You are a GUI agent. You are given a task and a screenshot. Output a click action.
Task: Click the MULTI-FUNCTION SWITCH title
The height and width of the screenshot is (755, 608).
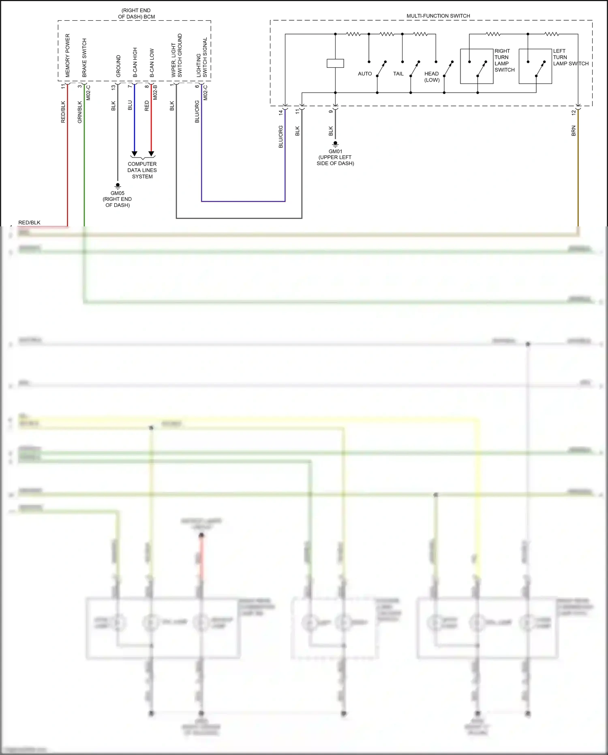tap(438, 16)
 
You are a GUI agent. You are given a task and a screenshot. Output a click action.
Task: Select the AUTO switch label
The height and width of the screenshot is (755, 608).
tap(365, 74)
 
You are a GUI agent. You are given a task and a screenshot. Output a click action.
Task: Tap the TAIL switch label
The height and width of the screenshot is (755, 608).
tap(398, 74)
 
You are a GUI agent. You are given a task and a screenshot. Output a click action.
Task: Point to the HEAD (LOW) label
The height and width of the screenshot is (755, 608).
tap(432, 77)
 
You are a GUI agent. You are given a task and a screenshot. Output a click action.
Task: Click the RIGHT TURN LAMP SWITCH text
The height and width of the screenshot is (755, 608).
tap(504, 60)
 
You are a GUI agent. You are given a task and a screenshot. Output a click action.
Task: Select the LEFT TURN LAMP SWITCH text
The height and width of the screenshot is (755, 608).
tap(570, 57)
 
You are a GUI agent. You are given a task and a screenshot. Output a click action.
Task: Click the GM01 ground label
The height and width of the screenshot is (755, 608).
tap(335, 152)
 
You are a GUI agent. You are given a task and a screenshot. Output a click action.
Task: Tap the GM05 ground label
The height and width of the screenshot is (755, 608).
tap(118, 194)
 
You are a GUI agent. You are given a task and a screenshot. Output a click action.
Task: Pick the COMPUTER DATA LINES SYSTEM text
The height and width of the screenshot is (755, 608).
tap(142, 170)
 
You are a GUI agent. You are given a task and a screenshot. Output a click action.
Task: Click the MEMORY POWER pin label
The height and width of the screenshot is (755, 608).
tap(68, 55)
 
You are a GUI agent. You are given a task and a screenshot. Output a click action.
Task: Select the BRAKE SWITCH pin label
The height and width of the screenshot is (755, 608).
tap(84, 58)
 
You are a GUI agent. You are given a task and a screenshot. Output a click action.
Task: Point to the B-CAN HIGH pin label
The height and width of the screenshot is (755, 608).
tap(135, 62)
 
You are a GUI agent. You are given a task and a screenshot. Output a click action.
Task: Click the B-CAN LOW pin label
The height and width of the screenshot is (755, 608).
tap(152, 63)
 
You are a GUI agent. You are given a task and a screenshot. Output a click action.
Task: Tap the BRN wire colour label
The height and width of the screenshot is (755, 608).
tap(574, 131)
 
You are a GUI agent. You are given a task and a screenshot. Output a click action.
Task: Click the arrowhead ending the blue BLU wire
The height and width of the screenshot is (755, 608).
tap(135, 154)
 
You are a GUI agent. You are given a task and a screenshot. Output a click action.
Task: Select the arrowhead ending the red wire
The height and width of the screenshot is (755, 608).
tap(151, 154)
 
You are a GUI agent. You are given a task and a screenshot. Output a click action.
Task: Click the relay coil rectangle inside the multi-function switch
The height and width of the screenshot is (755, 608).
tap(335, 63)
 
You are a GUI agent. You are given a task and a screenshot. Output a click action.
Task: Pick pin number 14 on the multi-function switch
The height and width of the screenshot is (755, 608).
tap(280, 112)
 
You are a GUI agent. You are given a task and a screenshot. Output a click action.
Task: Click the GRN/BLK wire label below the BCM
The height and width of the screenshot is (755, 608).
tap(80, 112)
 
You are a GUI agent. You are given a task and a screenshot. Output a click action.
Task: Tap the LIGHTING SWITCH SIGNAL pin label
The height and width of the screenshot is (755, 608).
tap(201, 57)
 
